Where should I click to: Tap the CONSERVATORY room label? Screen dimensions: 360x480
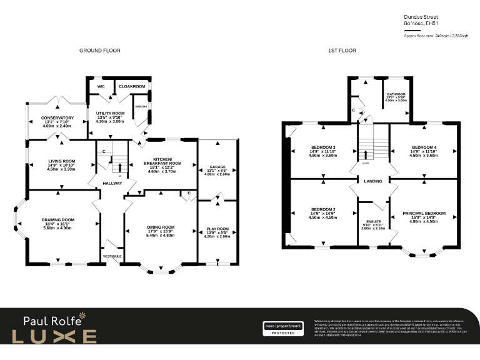pyautogui.click(x=57, y=117)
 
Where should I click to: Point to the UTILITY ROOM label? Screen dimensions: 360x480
pyautogui.click(x=110, y=113)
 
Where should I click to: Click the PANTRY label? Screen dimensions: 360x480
pyautogui.click(x=141, y=107)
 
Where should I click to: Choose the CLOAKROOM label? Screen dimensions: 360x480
pyautogui.click(x=131, y=86)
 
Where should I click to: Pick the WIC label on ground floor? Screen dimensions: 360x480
pyautogui.click(x=101, y=86)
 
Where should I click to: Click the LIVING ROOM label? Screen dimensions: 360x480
pyautogui.click(x=61, y=161)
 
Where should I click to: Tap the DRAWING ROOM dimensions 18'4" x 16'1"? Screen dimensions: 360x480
pyautogui.click(x=58, y=224)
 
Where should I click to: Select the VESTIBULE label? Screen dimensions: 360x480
pyautogui.click(x=112, y=256)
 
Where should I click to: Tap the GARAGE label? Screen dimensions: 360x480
pyautogui.click(x=217, y=167)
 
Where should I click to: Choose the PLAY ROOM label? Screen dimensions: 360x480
pyautogui.click(x=217, y=229)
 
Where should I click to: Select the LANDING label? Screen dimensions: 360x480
pyautogui.click(x=374, y=181)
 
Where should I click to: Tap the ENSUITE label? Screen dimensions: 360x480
pyautogui.click(x=374, y=221)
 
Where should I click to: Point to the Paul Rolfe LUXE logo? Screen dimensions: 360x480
pyautogui.click(x=60, y=329)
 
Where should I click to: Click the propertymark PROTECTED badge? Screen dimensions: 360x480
pyautogui.click(x=282, y=329)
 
